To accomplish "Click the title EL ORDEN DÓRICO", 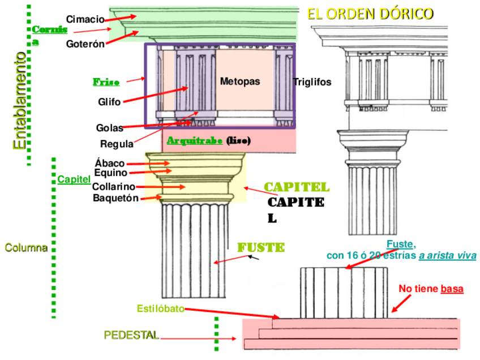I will coord(370,14).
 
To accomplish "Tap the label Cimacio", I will coord(85,19).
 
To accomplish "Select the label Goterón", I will coord(85,44).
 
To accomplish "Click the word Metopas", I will coord(240,82).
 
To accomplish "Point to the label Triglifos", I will coord(312,82).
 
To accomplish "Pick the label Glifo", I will coord(109,102).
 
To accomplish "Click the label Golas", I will coord(109,128).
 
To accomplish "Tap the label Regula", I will coord(117,143).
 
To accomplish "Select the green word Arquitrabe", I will coord(194,140).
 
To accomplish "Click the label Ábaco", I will coord(110,164).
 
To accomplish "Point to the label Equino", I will coord(111,173).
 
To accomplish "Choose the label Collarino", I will coord(114,187).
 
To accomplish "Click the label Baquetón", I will coord(115,198).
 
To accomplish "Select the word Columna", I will coord(26,248).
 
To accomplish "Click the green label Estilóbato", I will coord(160,308).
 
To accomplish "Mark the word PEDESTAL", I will coord(131,335).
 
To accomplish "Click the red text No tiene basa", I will coord(431,289).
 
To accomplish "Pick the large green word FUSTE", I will coord(261,248).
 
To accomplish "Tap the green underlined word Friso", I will coord(106,83).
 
